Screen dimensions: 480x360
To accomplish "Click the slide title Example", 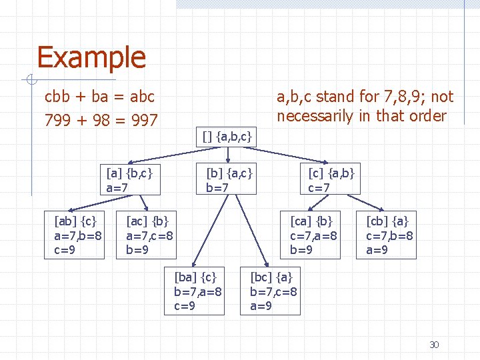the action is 91,58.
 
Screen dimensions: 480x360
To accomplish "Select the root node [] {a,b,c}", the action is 227,137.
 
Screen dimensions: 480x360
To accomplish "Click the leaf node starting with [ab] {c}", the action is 78,235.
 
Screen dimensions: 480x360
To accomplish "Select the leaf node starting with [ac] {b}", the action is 150,235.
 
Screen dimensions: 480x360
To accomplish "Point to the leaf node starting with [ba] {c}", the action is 198,291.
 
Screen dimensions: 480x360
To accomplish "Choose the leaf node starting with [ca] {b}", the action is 314,235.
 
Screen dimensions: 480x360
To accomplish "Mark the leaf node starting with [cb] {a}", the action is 390,235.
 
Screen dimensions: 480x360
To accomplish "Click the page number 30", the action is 434,345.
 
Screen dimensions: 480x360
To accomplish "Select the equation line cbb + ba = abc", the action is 99,97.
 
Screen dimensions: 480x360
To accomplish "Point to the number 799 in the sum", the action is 57,121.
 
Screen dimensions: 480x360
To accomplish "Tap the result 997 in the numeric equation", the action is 143,121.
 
